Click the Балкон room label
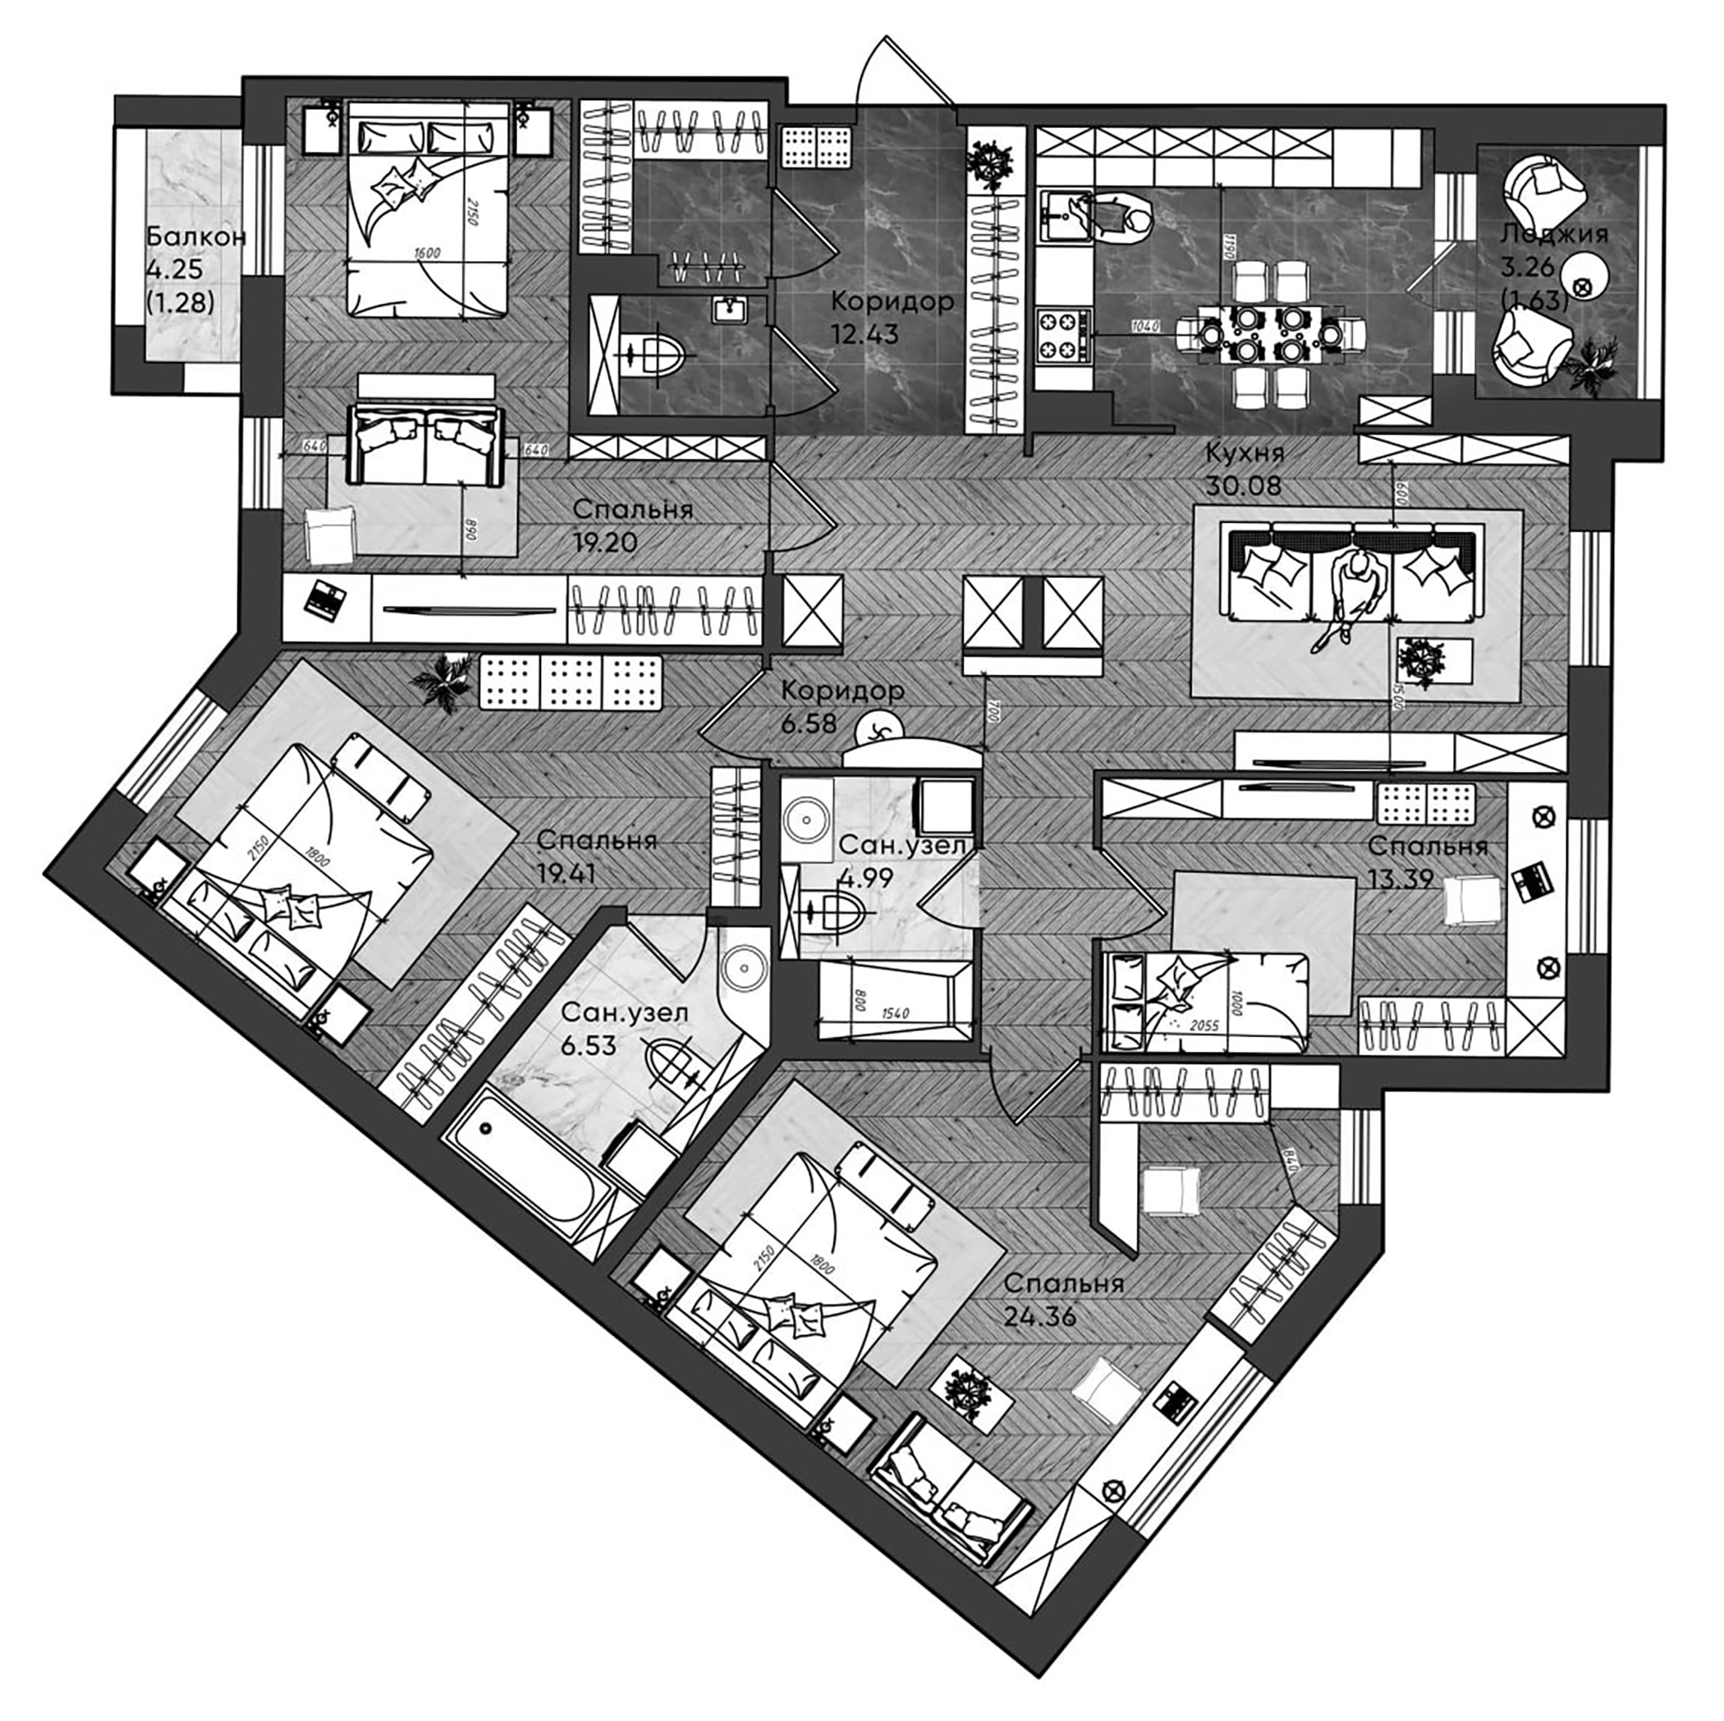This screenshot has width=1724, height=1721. (x=195, y=236)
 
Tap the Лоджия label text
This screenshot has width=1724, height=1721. (x=1553, y=235)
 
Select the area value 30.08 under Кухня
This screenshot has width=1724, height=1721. (x=1243, y=485)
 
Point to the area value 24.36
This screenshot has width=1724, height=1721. (x=1039, y=1315)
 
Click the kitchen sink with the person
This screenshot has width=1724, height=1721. (x=1066, y=215)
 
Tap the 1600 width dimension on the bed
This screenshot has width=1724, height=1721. (x=427, y=253)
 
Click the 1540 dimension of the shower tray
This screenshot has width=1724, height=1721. (x=894, y=1013)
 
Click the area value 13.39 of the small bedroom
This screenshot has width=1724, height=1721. (x=1400, y=879)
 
